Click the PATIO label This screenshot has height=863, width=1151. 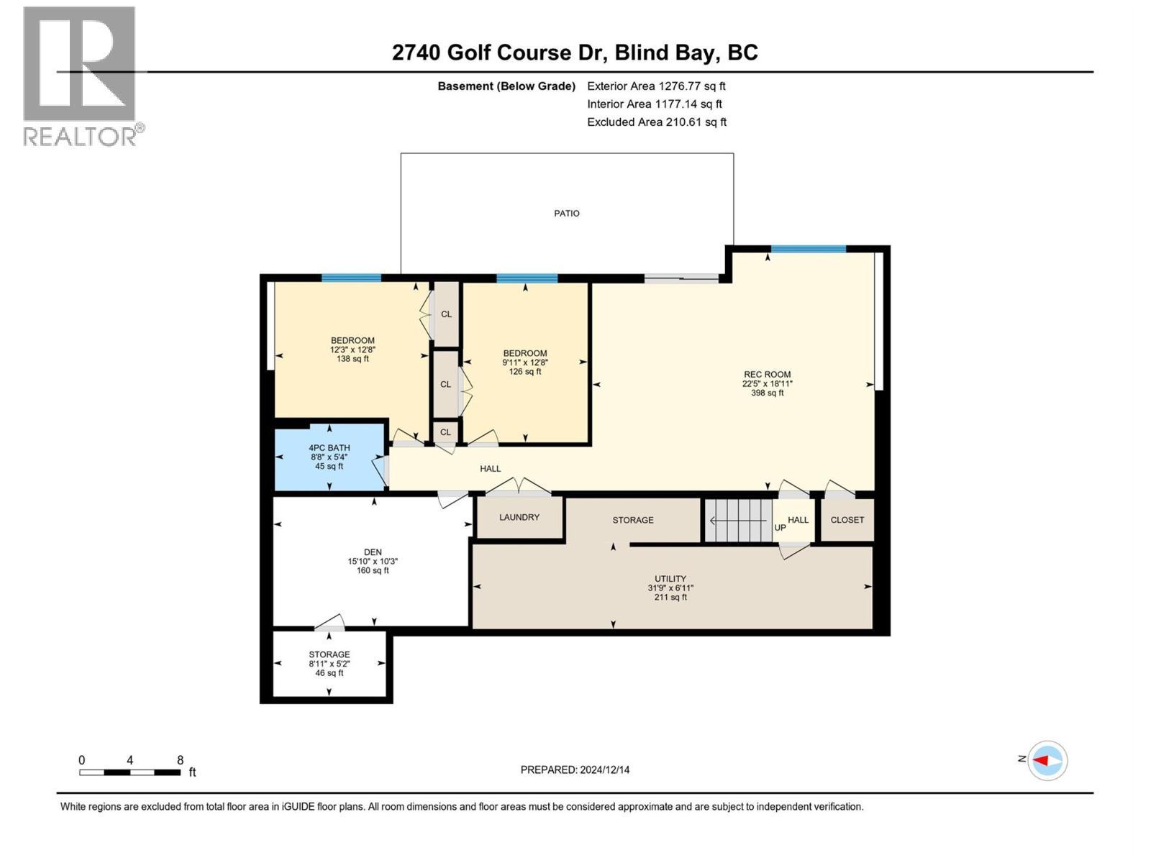(x=566, y=214)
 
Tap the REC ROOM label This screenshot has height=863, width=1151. (x=767, y=375)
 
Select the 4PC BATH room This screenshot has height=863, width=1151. (x=329, y=457)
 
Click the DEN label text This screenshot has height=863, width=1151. (x=372, y=552)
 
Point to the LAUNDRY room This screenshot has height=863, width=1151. (x=519, y=517)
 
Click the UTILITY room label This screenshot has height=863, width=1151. (x=670, y=579)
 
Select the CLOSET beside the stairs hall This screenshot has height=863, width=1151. (x=847, y=520)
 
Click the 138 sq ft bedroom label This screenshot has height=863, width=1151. (x=352, y=350)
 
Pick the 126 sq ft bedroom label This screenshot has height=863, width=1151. (x=525, y=362)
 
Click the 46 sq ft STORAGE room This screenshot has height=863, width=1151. (x=329, y=664)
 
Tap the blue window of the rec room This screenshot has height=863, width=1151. (x=808, y=250)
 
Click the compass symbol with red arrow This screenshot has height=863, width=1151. (x=1047, y=760)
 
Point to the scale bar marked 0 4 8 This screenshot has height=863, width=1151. (x=130, y=772)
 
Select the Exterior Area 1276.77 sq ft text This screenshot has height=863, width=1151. (x=656, y=86)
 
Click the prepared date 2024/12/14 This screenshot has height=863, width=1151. (x=575, y=770)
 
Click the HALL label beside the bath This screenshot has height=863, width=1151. (x=490, y=469)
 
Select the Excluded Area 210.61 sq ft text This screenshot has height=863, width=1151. (x=656, y=122)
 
